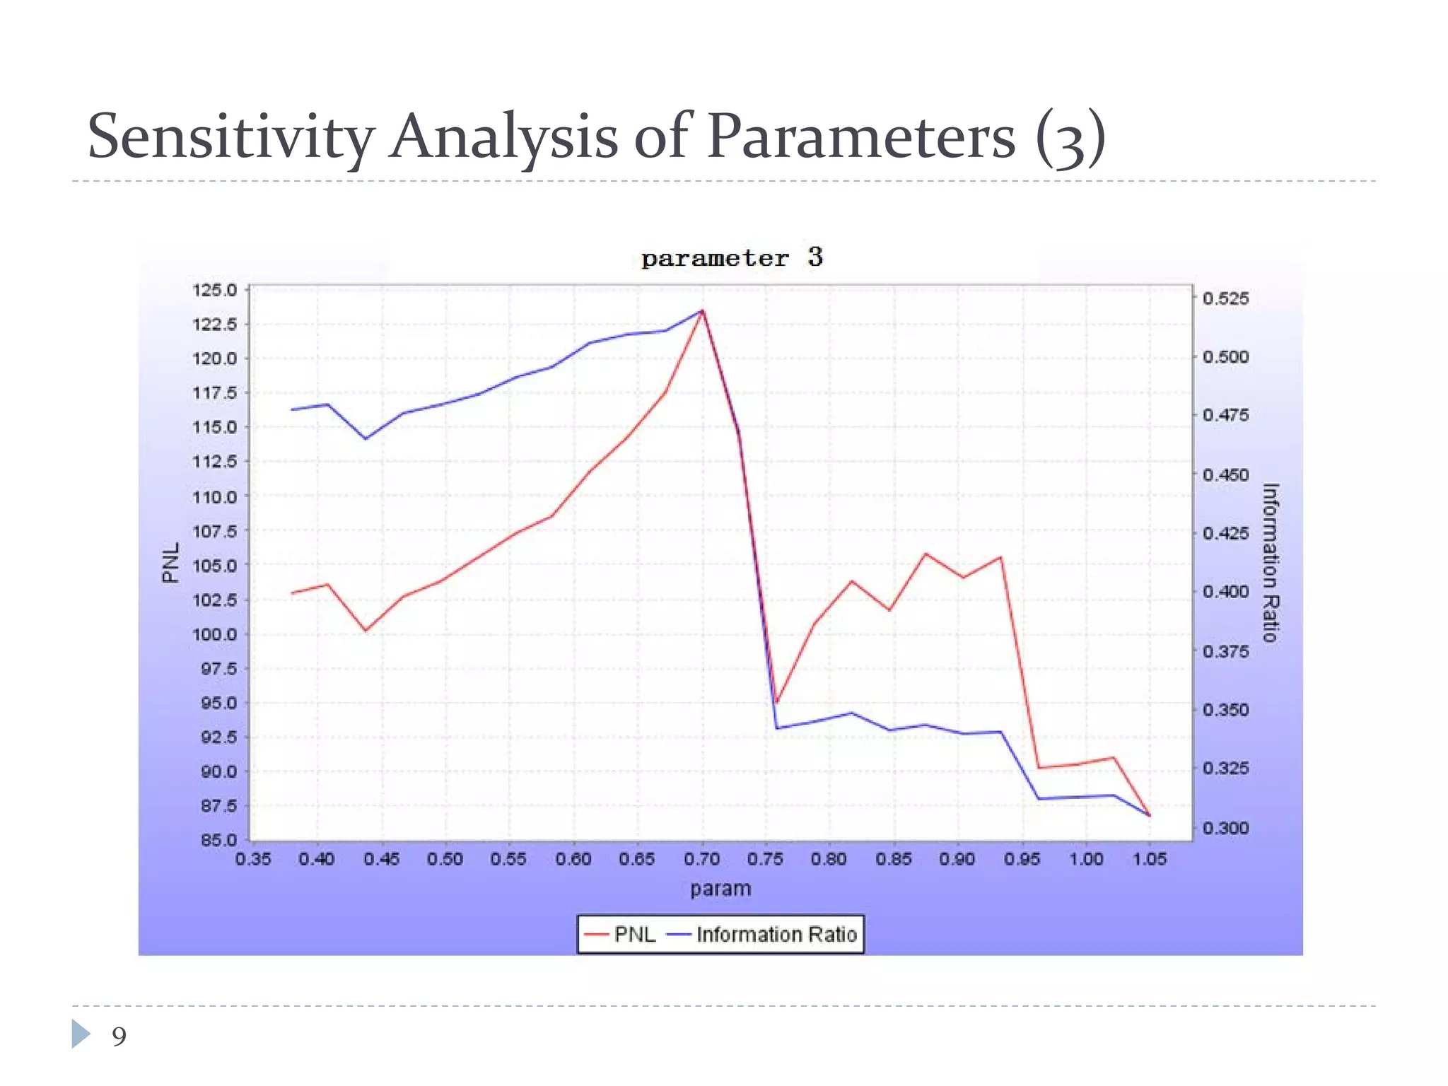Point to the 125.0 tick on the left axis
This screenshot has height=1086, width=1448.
pyautogui.click(x=214, y=290)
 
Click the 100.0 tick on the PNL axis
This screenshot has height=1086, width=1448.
pyautogui.click(x=214, y=634)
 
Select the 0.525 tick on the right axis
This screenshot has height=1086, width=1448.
pyautogui.click(x=1225, y=298)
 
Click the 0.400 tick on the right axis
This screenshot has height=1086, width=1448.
pyautogui.click(x=1225, y=592)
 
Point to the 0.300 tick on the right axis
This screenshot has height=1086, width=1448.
pyautogui.click(x=1225, y=827)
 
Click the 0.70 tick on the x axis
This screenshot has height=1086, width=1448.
pyautogui.click(x=701, y=859)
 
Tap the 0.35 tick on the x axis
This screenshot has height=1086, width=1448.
pyautogui.click(x=252, y=859)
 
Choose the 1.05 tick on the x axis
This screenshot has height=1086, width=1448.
pyautogui.click(x=1149, y=859)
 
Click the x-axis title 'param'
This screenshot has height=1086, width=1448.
pyautogui.click(x=720, y=889)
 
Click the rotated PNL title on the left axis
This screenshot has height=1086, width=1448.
pyautogui.click(x=170, y=563)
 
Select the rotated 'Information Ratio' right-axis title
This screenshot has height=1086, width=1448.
pyautogui.click(x=1271, y=563)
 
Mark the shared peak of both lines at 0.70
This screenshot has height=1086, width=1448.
pyautogui.click(x=702, y=310)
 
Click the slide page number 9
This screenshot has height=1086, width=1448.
pyautogui.click(x=119, y=1037)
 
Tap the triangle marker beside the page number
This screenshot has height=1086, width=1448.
pyautogui.click(x=81, y=1034)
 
